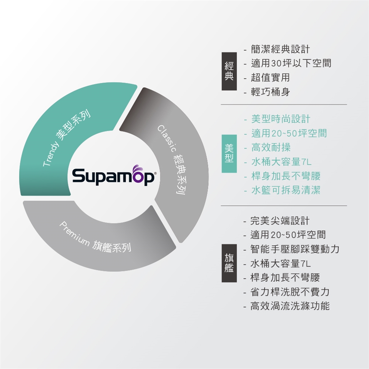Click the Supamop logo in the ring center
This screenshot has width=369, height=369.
click(113, 175)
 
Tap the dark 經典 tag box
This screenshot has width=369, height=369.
click(229, 71)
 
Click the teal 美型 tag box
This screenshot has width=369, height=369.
click(229, 154)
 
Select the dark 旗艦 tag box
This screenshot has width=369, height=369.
click(229, 263)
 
